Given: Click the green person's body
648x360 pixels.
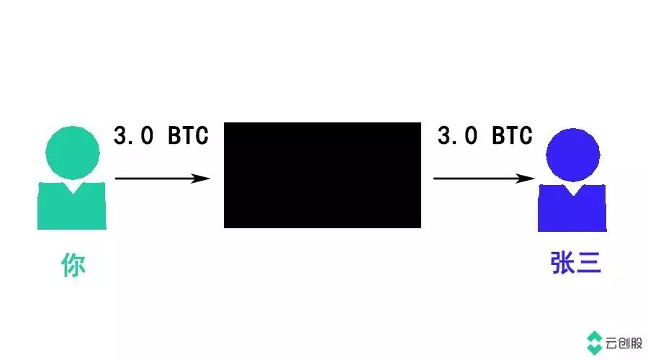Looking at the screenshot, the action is click(x=72, y=209).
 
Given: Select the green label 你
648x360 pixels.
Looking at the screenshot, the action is click(x=73, y=266).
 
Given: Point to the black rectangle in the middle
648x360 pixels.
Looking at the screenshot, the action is click(x=322, y=175).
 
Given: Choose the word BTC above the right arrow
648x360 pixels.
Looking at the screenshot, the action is click(x=512, y=135).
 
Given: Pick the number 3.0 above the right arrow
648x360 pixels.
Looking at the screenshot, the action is click(x=456, y=135).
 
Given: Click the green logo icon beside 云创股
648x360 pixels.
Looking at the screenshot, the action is click(x=595, y=342).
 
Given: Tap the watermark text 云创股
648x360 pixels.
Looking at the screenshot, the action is click(x=624, y=342).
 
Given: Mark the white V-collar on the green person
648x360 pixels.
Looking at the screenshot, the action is click(x=72, y=185).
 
